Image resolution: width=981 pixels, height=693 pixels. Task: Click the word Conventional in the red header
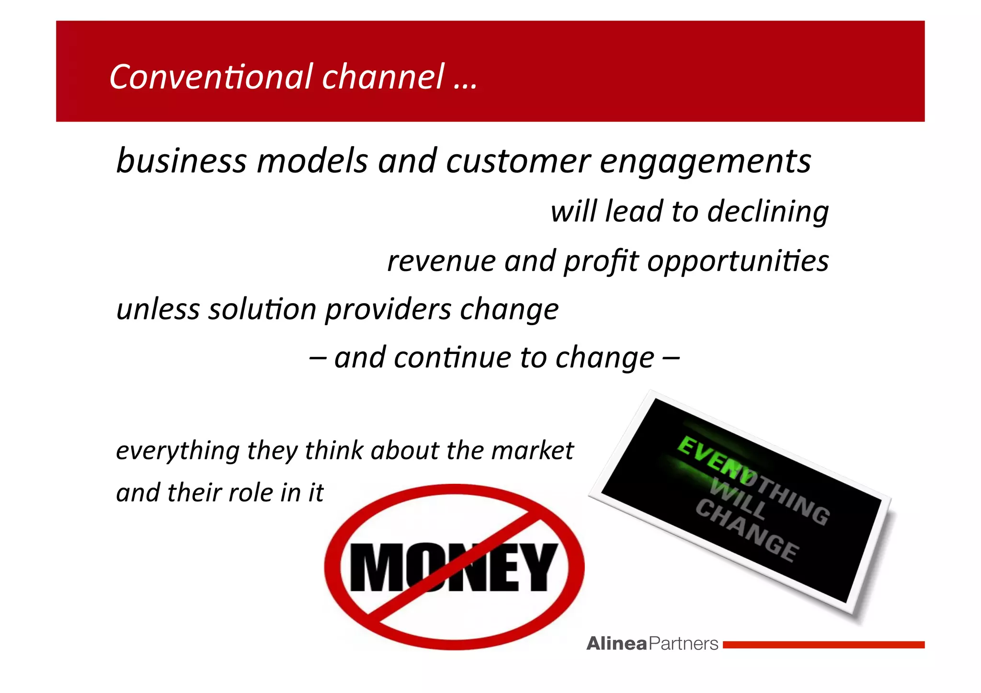(211, 77)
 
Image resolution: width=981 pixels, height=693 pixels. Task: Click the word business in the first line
(182, 160)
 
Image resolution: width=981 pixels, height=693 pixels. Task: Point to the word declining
(768, 212)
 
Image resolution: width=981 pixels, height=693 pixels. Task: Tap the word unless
(158, 309)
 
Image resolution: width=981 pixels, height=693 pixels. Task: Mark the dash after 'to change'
(671, 358)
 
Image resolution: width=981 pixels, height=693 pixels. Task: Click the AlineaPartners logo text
(652, 644)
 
